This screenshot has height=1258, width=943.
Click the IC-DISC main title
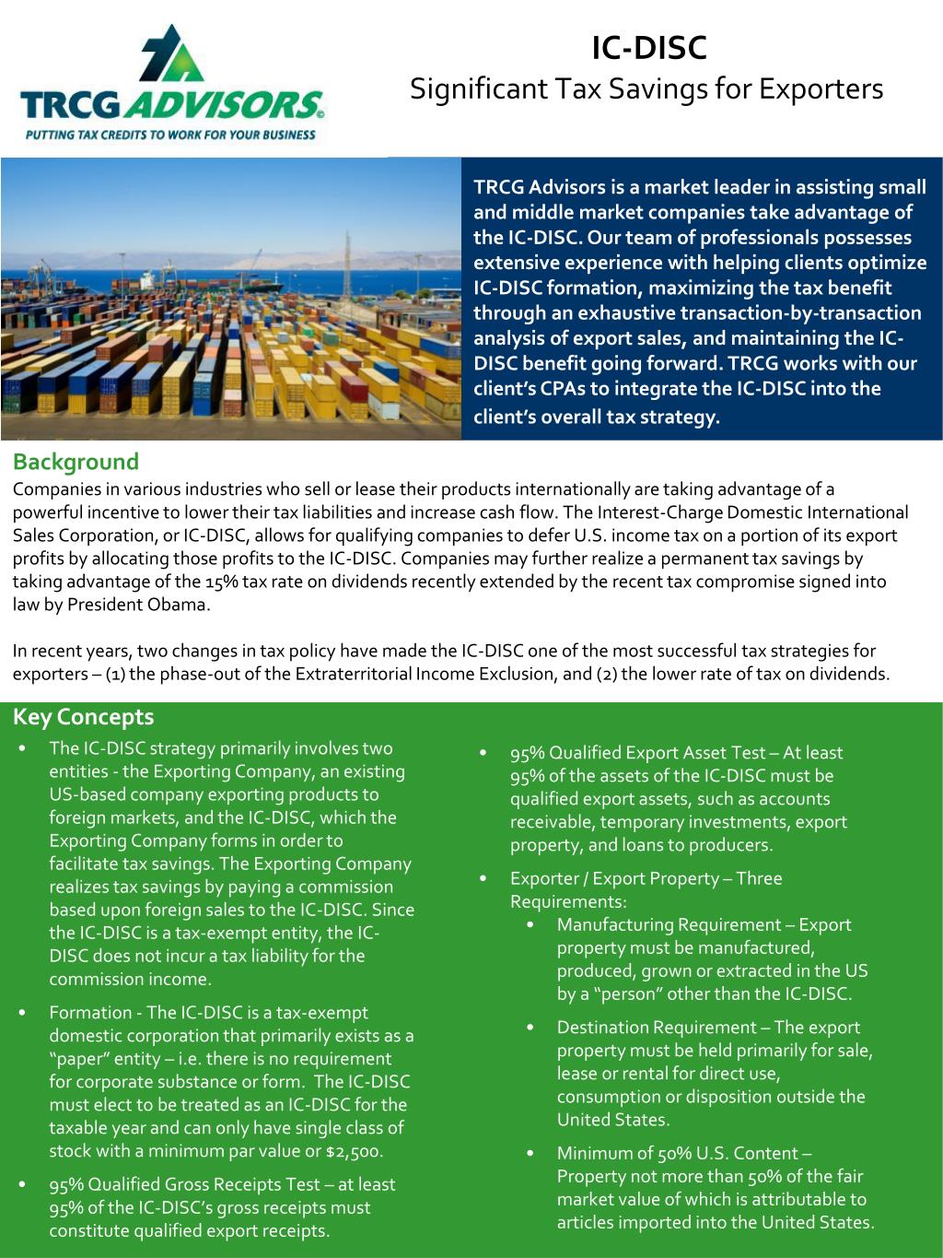click(648, 48)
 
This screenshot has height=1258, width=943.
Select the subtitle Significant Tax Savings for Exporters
click(646, 89)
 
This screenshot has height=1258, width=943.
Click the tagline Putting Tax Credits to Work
click(170, 135)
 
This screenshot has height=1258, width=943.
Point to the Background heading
click(76, 462)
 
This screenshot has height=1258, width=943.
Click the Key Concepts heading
click(83, 717)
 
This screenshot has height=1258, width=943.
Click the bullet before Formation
click(22, 1013)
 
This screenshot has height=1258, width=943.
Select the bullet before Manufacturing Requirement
click(530, 924)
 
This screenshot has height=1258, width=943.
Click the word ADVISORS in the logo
click(230, 107)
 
